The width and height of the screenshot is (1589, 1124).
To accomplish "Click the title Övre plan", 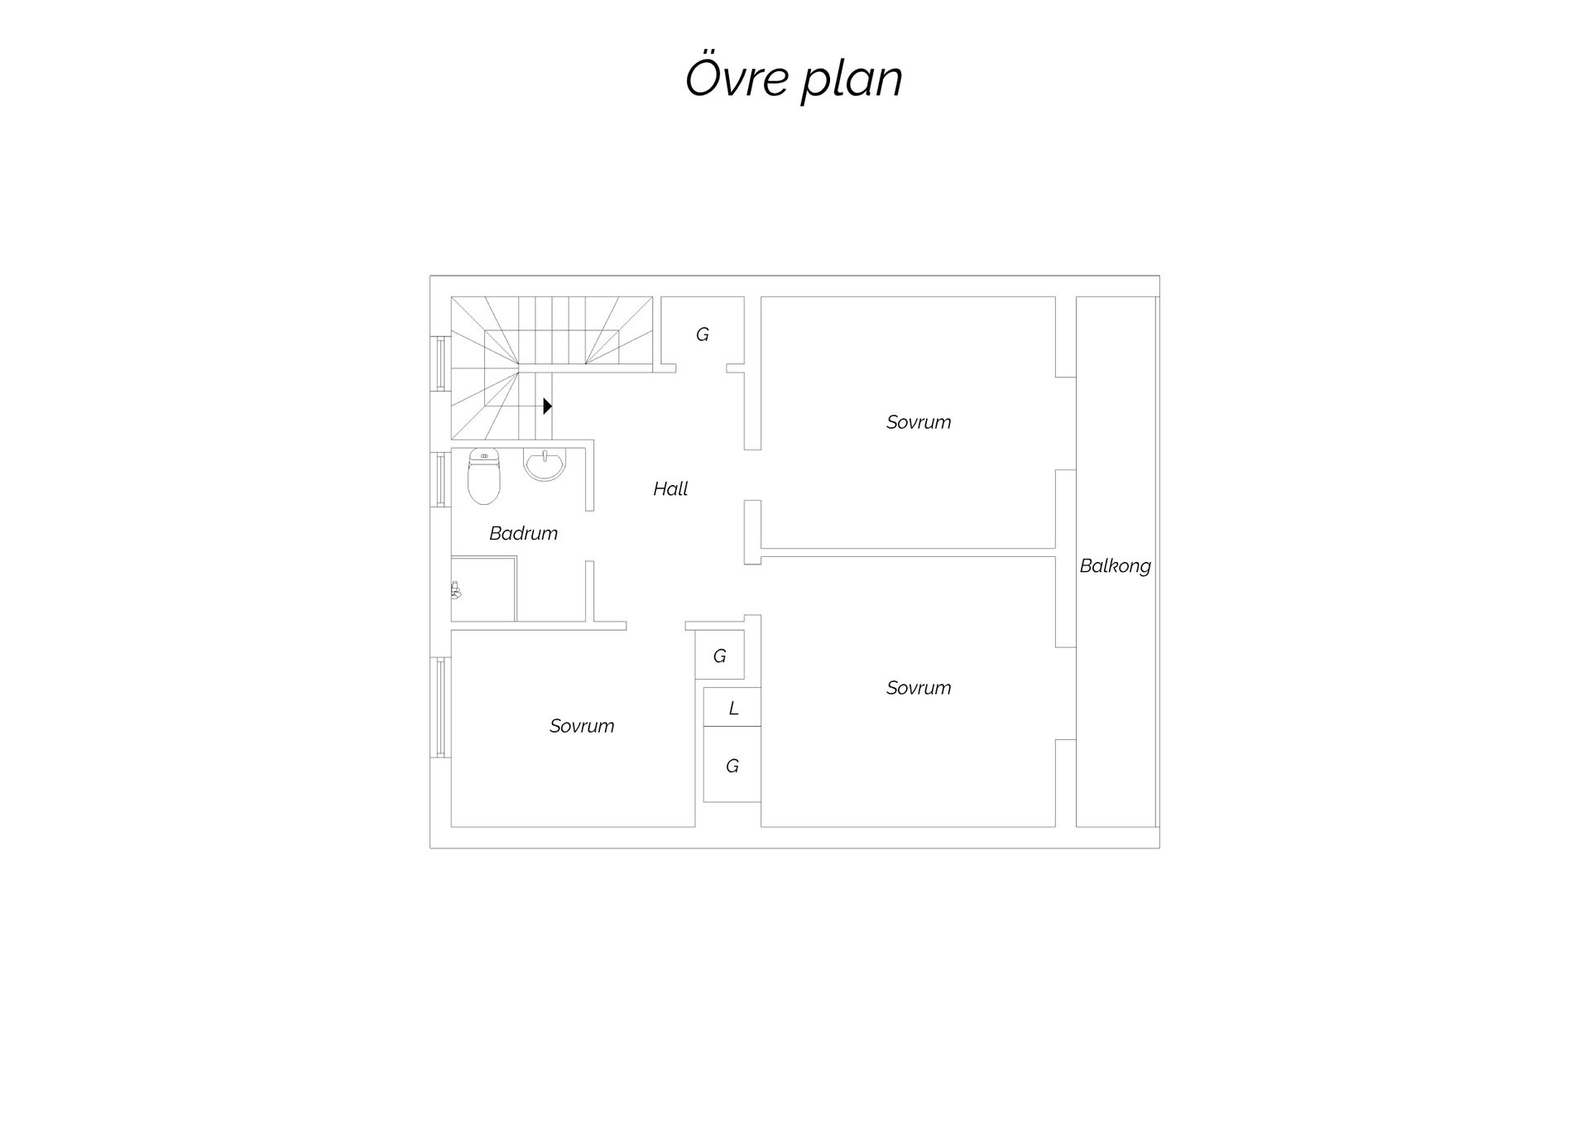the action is (794, 79).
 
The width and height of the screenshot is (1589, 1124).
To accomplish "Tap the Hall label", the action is (670, 489).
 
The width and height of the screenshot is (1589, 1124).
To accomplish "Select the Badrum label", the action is (523, 533).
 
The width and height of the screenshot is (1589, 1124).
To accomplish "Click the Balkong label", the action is (1115, 566).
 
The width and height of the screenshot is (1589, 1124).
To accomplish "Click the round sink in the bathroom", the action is (545, 465).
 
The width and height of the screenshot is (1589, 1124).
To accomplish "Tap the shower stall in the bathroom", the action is (483, 588).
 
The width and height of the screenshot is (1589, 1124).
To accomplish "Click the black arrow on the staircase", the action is (547, 406).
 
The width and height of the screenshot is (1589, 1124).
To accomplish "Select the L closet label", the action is (733, 709).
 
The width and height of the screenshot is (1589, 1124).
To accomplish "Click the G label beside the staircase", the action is (703, 334).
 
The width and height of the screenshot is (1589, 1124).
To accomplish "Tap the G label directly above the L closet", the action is (720, 656).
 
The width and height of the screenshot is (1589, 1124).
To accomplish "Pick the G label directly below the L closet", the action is (732, 766).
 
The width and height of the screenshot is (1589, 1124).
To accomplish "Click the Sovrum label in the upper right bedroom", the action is (919, 422).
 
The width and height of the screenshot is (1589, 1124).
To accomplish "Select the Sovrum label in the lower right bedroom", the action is (919, 688).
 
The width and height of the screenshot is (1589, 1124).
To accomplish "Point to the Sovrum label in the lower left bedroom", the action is (582, 726).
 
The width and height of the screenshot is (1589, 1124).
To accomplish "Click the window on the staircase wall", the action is (440, 363).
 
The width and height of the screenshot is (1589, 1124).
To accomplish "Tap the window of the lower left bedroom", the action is (440, 707).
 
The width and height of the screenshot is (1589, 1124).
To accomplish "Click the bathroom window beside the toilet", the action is (440, 478).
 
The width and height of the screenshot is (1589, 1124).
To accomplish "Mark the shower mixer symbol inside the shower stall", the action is (455, 590).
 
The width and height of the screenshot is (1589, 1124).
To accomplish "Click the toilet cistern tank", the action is (483, 454).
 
